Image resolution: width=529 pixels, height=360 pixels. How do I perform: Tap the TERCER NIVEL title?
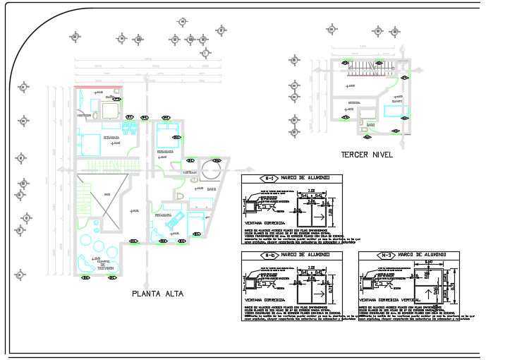point(366,155)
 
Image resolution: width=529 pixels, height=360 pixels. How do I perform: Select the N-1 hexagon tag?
point(268,179)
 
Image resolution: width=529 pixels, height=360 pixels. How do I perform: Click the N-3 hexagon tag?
point(385,255)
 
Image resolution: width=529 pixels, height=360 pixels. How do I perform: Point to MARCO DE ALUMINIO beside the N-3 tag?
point(422,255)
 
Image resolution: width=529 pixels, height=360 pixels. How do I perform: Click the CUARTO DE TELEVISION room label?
point(107,266)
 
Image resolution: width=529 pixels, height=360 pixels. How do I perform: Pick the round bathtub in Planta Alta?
point(210,170)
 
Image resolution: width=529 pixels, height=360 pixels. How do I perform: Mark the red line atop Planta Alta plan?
point(99,88)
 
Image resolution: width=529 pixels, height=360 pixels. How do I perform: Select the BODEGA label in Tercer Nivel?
point(355,103)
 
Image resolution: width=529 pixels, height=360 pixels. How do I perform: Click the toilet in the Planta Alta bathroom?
point(179,196)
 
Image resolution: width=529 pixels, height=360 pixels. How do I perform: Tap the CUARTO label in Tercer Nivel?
point(396,101)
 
